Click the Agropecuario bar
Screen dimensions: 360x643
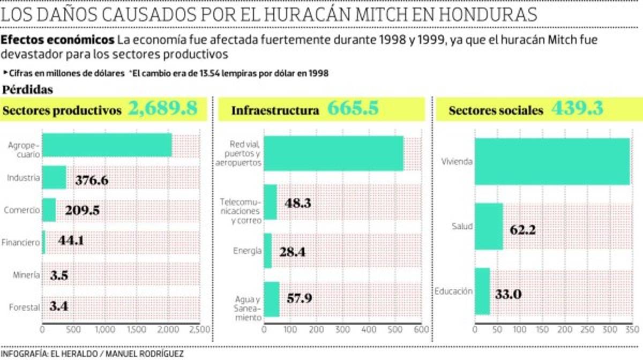(107, 145)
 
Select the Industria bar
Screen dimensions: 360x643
(54, 178)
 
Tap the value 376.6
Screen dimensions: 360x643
(92, 180)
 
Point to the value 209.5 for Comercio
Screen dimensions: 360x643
(82, 211)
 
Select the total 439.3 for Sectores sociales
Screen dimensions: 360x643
(577, 109)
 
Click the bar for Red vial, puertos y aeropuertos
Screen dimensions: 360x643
(333, 153)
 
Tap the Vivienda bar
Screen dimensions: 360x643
(552, 161)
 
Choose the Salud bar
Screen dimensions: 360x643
(489, 227)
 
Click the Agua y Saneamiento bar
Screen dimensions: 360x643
(272, 299)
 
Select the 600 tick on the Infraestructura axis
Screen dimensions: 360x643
(421, 329)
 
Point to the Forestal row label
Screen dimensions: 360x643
(24, 307)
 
